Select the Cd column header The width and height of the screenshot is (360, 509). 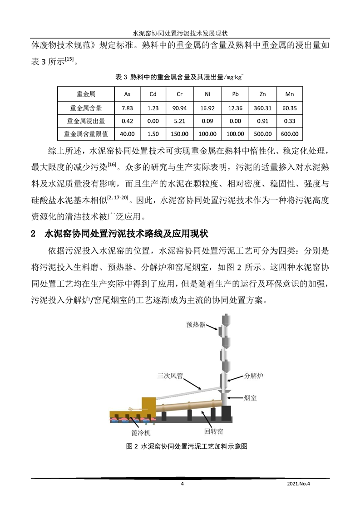[153, 94]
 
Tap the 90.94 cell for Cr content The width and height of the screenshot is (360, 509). [179, 108]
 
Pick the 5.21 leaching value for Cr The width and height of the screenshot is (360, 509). [179, 121]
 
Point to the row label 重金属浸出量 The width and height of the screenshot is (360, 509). [86, 121]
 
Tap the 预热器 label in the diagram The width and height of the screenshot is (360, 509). [196, 325]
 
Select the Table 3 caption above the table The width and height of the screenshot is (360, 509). [180, 77]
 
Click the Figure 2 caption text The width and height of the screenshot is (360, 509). [186, 446]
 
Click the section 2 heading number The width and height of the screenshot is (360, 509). [33, 234]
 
